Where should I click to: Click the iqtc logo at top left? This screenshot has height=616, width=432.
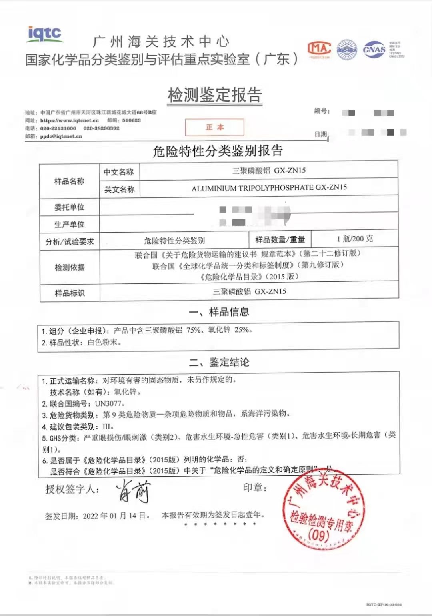click(x=44, y=34)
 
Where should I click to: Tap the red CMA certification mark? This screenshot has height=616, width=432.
click(x=319, y=49)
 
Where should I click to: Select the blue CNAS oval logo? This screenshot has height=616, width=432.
click(x=374, y=50)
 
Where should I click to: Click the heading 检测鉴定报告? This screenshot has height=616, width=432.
click(x=215, y=95)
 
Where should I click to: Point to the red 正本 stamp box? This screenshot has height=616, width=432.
click(x=214, y=127)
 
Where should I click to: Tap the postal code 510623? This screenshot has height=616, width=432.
click(x=132, y=120)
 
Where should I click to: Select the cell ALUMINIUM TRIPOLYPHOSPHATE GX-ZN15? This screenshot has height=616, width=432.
click(x=269, y=188)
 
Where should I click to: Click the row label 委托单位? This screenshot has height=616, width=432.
click(x=69, y=207)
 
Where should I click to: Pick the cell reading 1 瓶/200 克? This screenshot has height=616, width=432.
click(x=354, y=239)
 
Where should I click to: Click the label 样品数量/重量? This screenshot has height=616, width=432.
click(x=280, y=239)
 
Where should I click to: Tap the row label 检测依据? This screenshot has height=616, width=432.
click(x=70, y=267)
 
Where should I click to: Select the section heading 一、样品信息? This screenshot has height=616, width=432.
click(x=218, y=312)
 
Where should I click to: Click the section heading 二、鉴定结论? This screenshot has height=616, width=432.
click(x=219, y=362)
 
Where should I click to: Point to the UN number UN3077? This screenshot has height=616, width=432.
click(x=109, y=403)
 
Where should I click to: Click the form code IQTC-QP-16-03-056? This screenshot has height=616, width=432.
click(x=384, y=605)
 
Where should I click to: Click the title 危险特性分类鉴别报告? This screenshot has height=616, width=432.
click(x=218, y=151)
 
